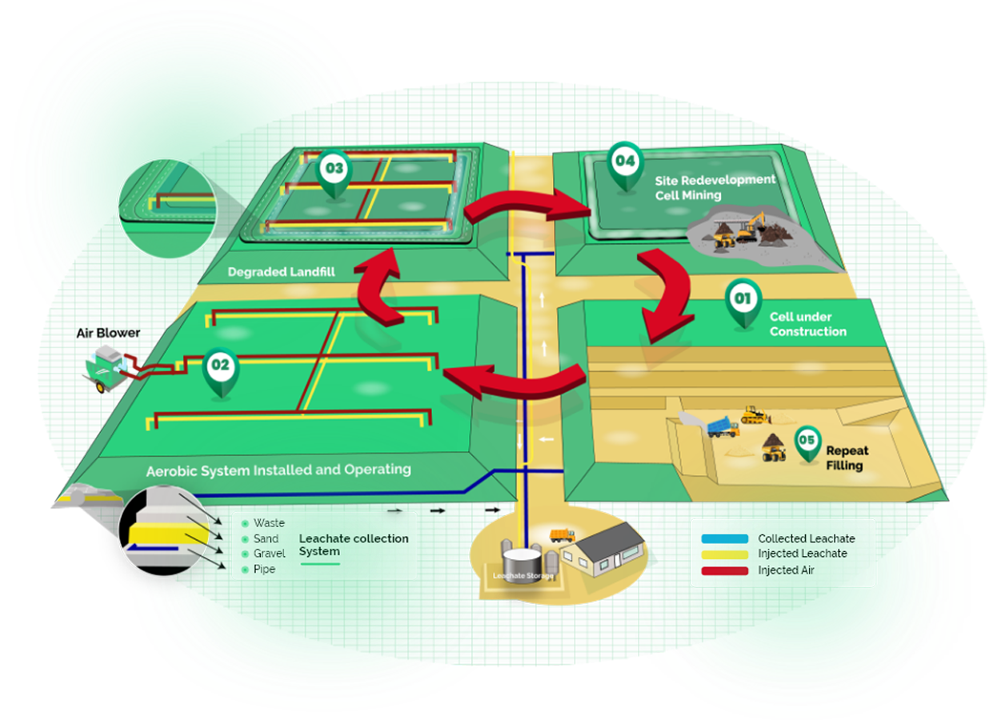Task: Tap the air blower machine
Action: (111, 372)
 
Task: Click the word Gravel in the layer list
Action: (269, 554)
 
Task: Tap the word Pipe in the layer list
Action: (264, 570)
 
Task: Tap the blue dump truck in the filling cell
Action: (722, 427)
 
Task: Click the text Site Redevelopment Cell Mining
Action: (715, 187)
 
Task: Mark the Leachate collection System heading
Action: (353, 545)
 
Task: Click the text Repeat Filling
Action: (847, 458)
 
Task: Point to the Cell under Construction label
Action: (807, 324)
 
